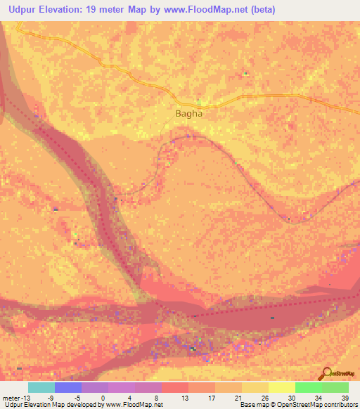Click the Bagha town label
(x=188, y=112)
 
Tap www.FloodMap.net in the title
(x=209, y=10)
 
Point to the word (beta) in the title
(x=259, y=10)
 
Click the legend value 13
(x=184, y=397)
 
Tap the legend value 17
(x=211, y=397)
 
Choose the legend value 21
(x=238, y=397)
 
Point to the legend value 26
(x=264, y=397)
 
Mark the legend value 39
(x=344, y=397)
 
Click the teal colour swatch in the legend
(x=41, y=387)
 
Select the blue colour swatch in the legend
(x=68, y=387)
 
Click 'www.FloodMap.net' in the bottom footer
(x=133, y=405)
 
